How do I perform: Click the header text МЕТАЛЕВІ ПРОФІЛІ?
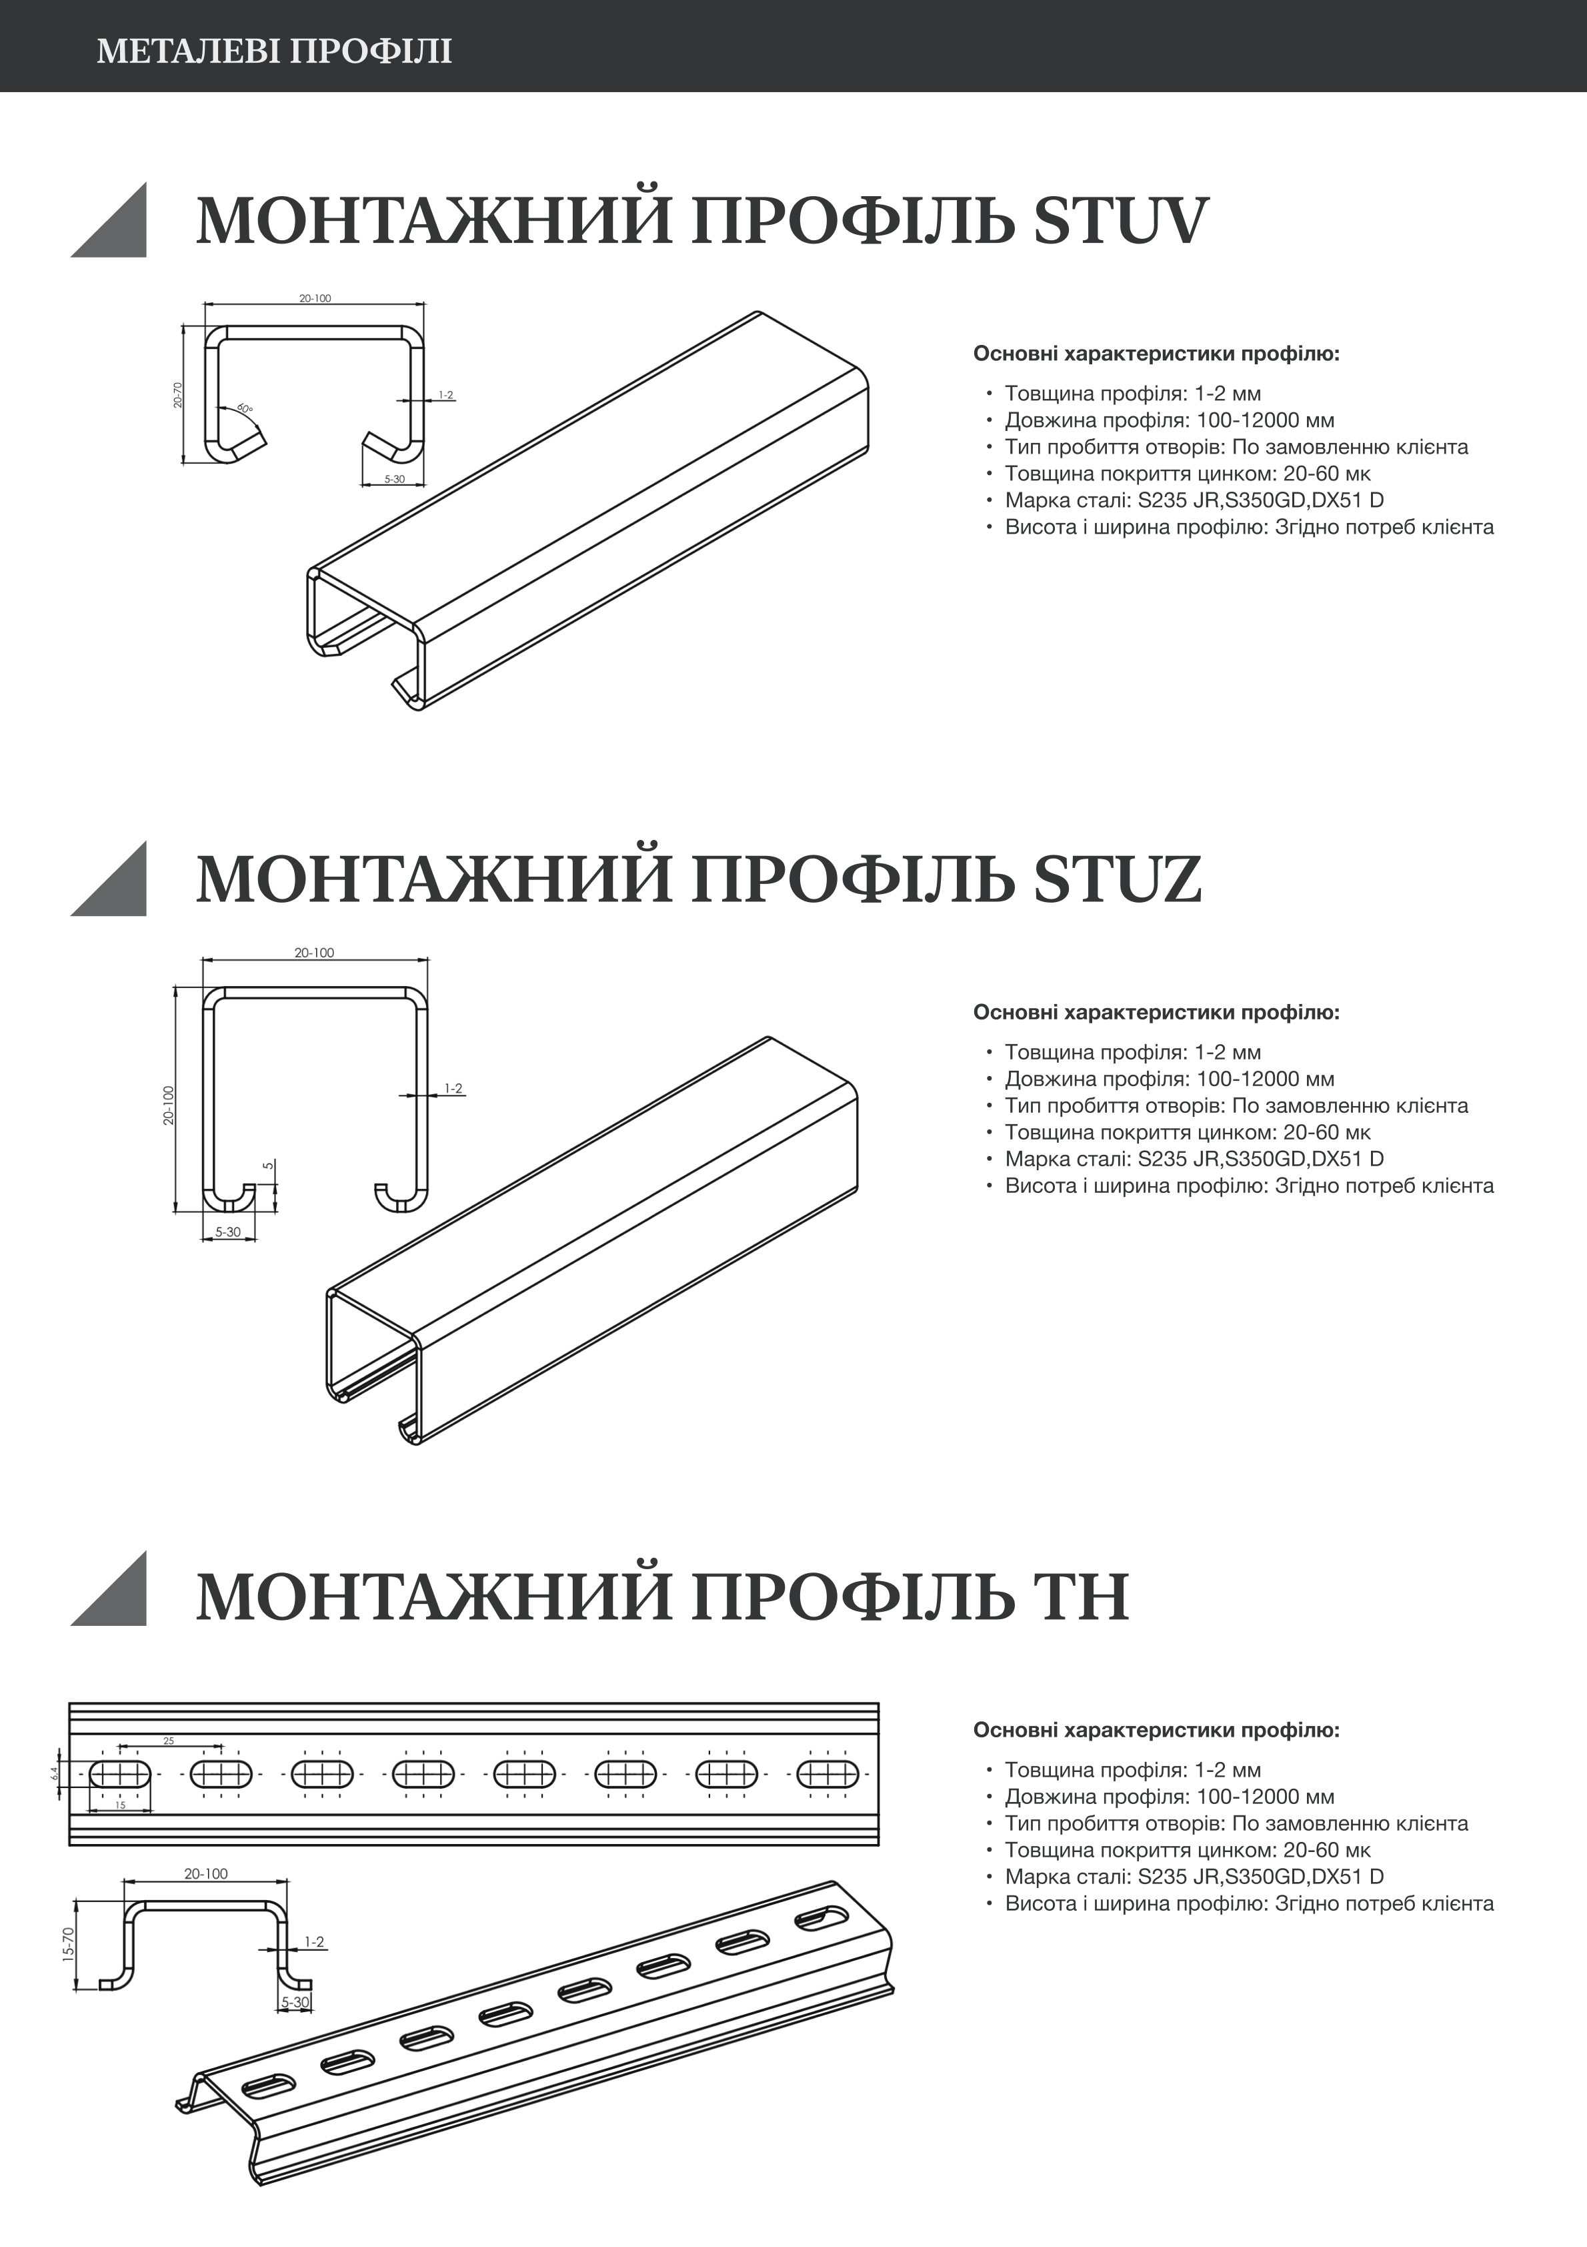pos(274,51)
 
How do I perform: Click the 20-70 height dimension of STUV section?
pos(178,394)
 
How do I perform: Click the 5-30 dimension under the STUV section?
pos(394,480)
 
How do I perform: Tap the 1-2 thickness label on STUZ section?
pos(453,1088)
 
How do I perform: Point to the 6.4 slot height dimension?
pos(56,1773)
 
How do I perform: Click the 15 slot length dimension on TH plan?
pos(120,1805)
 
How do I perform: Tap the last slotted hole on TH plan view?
pos(828,1773)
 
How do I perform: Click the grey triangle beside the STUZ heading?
pos(115,884)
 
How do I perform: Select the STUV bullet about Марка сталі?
pos(1194,500)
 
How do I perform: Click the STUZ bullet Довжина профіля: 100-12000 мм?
pos(1169,1079)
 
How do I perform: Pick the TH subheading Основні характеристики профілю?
pos(1156,1730)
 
